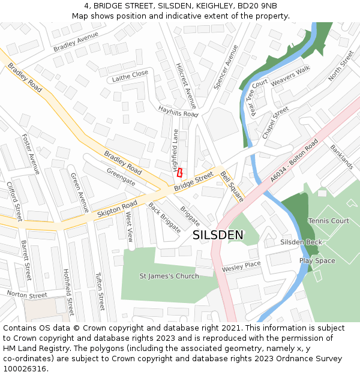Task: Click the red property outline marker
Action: [179, 172]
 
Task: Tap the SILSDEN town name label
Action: [218, 235]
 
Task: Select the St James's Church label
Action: [169, 276]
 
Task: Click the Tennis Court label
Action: [328, 221]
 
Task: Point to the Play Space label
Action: [317, 261]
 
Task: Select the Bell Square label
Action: [232, 186]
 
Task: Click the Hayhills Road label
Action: [178, 111]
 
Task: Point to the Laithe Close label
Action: [130, 76]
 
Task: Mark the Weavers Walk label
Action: [290, 76]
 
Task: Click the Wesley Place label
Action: [241, 266]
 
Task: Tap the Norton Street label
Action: [26, 295]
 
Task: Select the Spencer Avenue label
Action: [222, 67]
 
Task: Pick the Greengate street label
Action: [121, 177]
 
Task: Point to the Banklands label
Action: [341, 156]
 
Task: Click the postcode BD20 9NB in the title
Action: [257, 6]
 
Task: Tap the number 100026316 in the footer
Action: [25, 368]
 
